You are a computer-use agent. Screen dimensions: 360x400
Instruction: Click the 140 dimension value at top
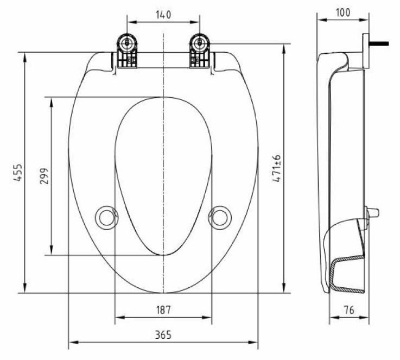(x=163, y=15)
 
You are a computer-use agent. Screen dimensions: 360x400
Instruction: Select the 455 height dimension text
(x=17, y=173)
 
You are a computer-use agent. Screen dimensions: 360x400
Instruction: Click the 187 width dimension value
(x=163, y=310)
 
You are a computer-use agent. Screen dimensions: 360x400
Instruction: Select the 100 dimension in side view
(x=342, y=12)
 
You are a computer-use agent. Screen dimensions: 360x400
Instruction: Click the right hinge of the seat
(x=199, y=53)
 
